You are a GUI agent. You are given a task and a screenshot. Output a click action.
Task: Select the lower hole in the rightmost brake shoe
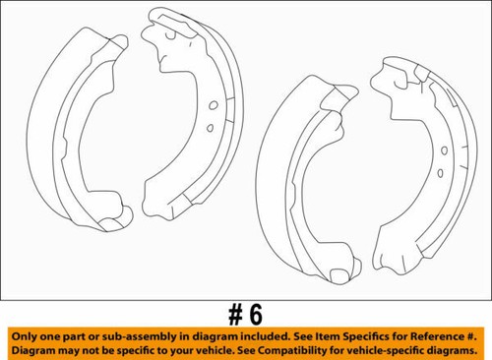point(440,173)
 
